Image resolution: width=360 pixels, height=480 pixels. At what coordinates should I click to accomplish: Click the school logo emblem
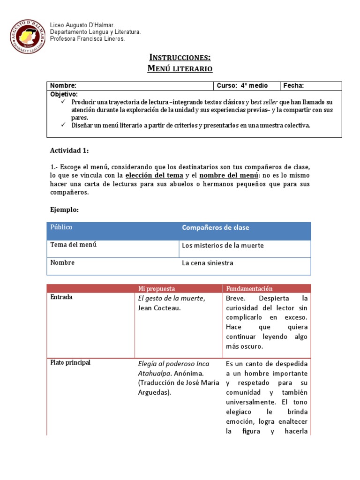tap(29, 36)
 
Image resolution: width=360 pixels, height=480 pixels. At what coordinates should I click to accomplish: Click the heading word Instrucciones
tap(180, 57)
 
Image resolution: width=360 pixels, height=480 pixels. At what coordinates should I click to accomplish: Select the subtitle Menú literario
tap(180, 69)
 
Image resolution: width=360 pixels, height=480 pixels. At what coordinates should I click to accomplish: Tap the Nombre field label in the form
tap(63, 86)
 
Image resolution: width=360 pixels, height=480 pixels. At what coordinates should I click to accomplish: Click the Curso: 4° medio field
tap(242, 86)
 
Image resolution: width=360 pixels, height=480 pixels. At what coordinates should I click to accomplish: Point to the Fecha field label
tap(293, 86)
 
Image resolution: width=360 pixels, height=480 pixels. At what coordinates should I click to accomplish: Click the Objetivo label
tap(64, 94)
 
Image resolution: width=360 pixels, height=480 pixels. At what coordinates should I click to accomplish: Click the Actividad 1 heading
tap(69, 150)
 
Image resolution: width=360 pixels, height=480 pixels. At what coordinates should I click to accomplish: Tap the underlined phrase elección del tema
tap(154, 175)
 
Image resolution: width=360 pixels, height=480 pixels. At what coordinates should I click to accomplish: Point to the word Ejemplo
tap(64, 210)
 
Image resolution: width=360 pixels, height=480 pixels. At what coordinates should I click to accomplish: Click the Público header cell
tap(61, 227)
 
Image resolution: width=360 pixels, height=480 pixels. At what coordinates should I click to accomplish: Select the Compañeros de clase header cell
tap(215, 228)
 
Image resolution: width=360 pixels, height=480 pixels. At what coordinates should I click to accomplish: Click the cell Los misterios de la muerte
tap(223, 246)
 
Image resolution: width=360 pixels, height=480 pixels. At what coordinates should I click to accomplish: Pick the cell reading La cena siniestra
tap(207, 263)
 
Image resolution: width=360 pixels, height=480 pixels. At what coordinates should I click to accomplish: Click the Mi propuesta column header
tap(156, 289)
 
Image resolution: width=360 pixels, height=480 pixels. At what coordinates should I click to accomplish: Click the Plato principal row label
tap(70, 363)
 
